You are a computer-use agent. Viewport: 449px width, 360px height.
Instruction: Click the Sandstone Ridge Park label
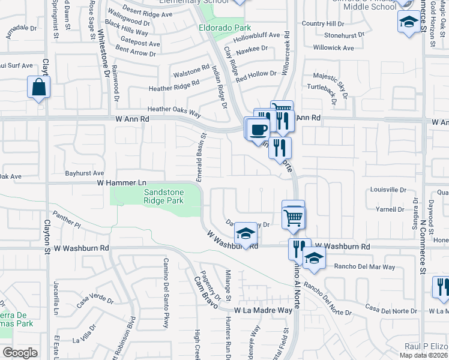click(164, 196)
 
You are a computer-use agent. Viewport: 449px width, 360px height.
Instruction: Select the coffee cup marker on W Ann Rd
click(259, 129)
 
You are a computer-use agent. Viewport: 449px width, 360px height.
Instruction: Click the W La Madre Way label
click(267, 310)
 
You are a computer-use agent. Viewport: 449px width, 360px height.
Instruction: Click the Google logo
click(20, 352)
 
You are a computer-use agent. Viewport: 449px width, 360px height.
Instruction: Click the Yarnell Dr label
click(391, 209)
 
